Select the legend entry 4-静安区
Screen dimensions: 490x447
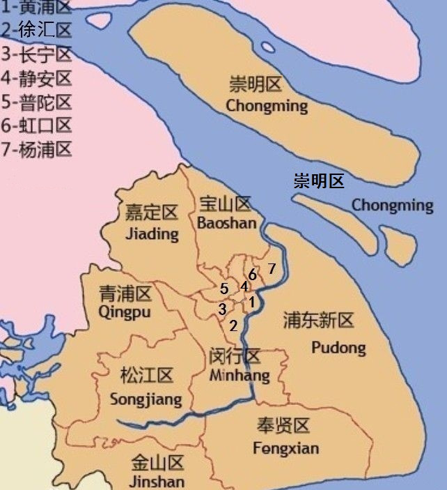36,78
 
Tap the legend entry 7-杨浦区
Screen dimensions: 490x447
36,148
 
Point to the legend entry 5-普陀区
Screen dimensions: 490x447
36,102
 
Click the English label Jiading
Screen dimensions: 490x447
152,233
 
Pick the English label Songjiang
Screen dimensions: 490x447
146,399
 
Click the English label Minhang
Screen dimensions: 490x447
239,376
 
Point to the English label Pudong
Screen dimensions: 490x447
338,347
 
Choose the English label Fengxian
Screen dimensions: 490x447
285,447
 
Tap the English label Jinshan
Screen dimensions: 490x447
157,481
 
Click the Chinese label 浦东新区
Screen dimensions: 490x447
319,321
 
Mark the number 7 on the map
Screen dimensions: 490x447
272,268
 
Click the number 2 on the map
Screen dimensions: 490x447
234,325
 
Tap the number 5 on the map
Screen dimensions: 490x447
223,289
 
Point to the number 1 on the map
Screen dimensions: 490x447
251,302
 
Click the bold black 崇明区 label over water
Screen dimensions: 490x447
318,182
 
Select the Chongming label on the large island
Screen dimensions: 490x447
267,106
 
